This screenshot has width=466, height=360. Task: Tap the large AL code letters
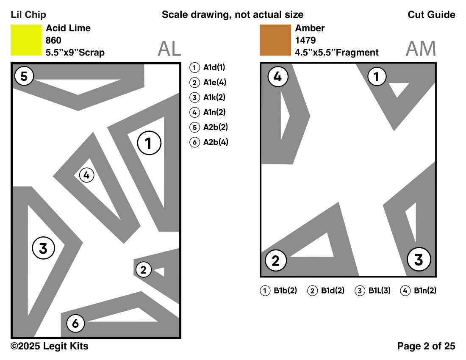coord(169,49)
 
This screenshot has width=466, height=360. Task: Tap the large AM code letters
coord(420,49)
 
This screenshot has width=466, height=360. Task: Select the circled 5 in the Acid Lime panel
coord(24,77)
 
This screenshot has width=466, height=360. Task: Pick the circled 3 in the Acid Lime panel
coord(44,249)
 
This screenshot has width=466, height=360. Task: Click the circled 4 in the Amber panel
coord(277,77)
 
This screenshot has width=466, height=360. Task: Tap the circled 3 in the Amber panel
coord(419,259)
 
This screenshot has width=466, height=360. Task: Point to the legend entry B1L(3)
coord(373,291)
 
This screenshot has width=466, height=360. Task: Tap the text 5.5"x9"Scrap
coord(75,53)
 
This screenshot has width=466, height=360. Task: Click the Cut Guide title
coord(431,15)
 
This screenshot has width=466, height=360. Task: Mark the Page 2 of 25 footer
coord(426,346)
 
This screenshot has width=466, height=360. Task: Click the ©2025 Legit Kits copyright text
coord(50,346)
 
